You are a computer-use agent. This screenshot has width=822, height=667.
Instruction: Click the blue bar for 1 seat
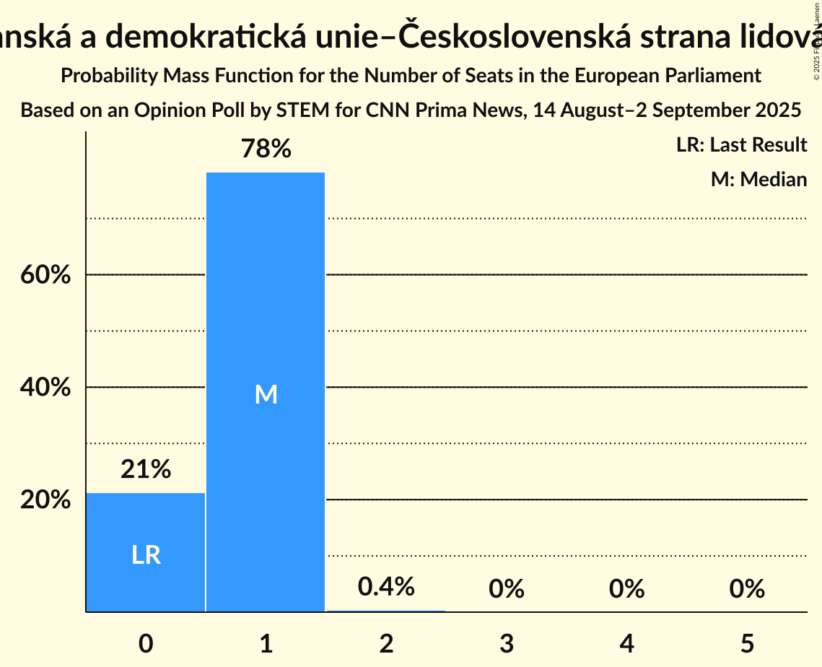click(266, 392)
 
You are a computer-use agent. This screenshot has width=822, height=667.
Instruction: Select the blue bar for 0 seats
click(146, 552)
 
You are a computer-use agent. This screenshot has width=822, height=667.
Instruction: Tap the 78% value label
click(266, 149)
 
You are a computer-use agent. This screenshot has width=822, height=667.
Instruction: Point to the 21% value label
click(146, 470)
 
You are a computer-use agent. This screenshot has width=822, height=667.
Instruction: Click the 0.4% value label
click(386, 587)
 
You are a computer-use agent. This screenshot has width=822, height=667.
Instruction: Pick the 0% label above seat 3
click(506, 589)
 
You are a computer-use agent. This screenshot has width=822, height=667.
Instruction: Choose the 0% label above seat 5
click(746, 589)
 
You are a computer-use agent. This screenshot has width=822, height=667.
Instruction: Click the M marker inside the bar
click(266, 394)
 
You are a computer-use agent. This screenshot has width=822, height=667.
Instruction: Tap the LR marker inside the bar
click(146, 554)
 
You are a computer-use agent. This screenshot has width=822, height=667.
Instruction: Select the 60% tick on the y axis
click(45, 275)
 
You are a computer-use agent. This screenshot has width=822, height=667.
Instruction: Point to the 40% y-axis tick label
click(45, 388)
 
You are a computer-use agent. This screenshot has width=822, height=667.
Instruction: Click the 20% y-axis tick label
click(45, 500)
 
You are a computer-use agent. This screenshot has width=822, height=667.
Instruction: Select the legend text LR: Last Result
click(741, 145)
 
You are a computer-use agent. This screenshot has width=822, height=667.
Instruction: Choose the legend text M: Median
click(758, 179)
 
